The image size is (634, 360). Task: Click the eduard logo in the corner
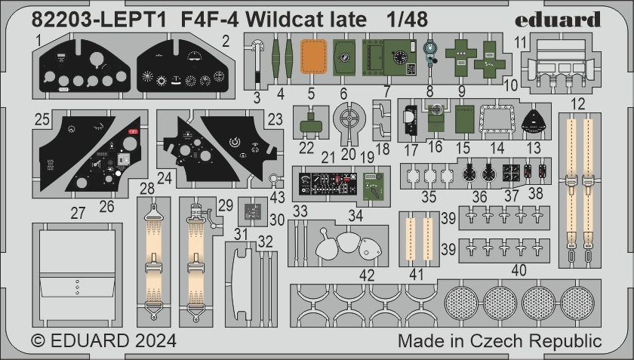point(558,20)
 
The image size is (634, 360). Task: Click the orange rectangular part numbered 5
point(313,57)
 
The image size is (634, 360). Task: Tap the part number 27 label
point(78,213)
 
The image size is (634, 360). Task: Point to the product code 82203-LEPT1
point(99,20)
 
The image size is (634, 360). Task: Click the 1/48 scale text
point(407,19)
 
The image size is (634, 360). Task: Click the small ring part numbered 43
point(274,177)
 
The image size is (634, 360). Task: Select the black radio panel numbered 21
point(328,184)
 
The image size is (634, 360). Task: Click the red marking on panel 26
point(133,131)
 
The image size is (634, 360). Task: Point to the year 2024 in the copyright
point(155,340)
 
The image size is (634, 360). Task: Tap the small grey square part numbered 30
point(253,211)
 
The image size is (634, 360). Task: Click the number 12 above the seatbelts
point(578,104)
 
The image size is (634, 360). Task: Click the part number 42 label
point(367,276)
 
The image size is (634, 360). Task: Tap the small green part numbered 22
point(310,125)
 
